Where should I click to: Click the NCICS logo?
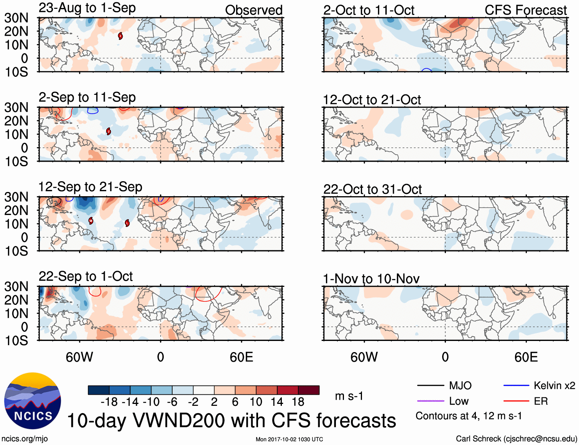click(33, 401)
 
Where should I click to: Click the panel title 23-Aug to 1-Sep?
click(87, 8)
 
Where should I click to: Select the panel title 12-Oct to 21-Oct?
click(372, 100)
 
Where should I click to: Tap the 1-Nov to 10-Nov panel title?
click(371, 279)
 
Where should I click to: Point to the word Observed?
click(253, 10)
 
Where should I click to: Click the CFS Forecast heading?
click(525, 10)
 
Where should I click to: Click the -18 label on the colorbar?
click(109, 402)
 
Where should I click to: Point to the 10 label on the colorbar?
click(256, 402)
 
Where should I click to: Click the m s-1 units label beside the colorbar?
click(349, 396)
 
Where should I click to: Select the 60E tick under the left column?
click(241, 357)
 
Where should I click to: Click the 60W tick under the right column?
click(364, 357)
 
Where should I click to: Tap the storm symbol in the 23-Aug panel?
click(120, 36)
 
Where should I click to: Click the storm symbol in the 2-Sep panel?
click(109, 131)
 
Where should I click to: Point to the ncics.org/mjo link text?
click(25, 438)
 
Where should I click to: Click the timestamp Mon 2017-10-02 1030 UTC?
click(289, 439)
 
